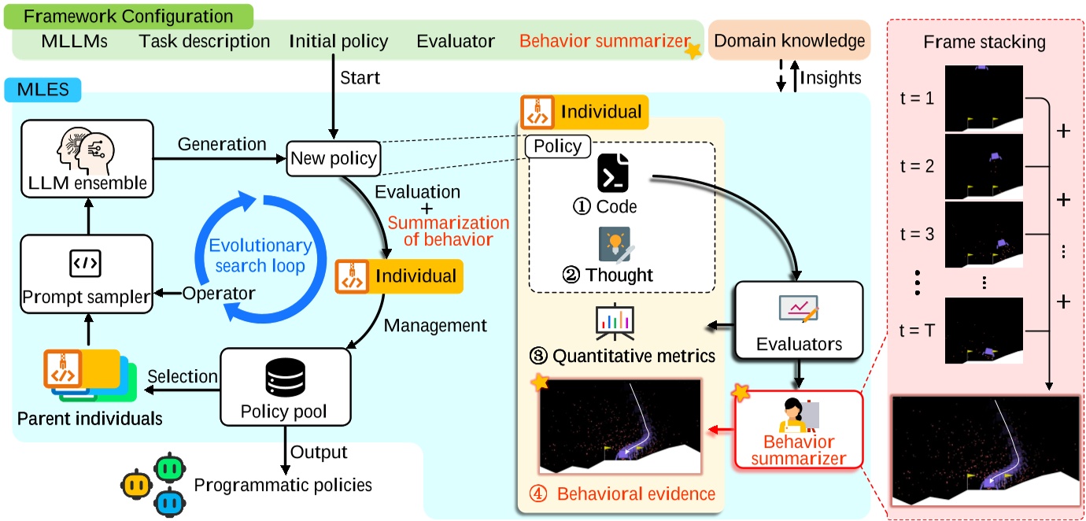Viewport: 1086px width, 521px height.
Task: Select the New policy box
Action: (x=334, y=158)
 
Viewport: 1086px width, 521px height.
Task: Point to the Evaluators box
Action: (x=799, y=321)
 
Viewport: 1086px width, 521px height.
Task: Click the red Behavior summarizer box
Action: (x=798, y=429)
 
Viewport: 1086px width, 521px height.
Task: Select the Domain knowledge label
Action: (x=790, y=40)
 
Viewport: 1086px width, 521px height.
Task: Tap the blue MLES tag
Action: (x=47, y=90)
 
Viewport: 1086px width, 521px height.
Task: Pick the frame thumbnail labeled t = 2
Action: (x=984, y=166)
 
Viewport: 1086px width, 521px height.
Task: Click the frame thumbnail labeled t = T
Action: (x=984, y=331)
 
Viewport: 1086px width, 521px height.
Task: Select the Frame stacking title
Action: (x=984, y=42)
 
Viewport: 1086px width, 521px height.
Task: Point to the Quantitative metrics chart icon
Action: (x=615, y=322)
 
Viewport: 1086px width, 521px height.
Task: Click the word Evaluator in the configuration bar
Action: (x=456, y=41)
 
